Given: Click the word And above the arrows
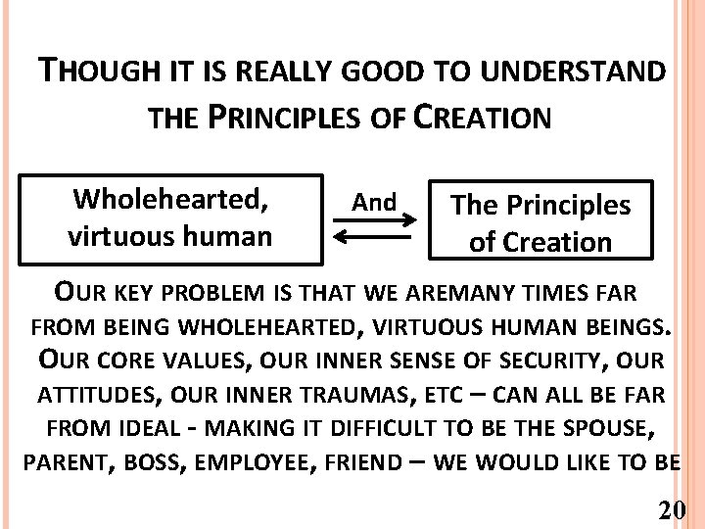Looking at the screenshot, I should point(374,203).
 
